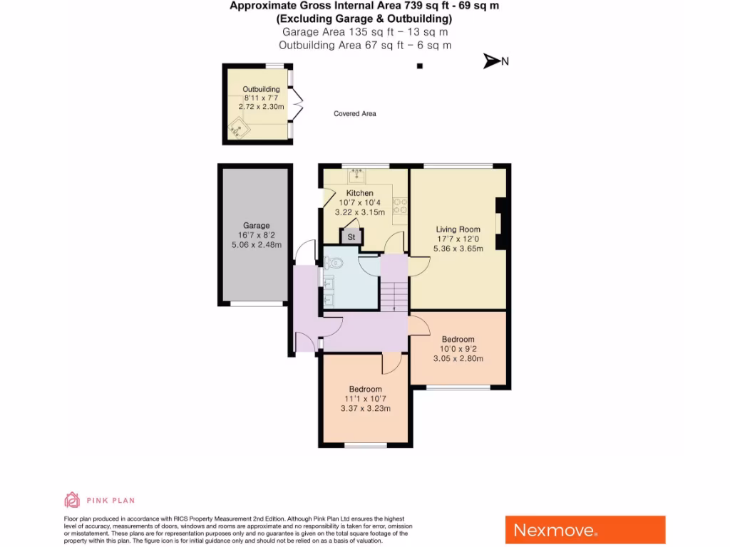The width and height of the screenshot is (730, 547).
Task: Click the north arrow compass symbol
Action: (492, 61)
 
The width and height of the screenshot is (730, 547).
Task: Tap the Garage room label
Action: (256, 226)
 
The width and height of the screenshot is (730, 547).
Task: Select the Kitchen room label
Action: (359, 193)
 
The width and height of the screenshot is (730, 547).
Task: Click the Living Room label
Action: (458, 229)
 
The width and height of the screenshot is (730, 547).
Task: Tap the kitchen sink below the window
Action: (356, 174)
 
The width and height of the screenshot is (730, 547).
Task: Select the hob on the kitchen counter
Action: (400, 205)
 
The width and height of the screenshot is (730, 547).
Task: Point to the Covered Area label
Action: (354, 114)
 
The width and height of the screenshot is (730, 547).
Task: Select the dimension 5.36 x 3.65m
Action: (458, 249)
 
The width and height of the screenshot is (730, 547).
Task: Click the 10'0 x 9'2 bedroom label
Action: (458, 349)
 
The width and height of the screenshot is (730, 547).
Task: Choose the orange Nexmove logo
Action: (585, 530)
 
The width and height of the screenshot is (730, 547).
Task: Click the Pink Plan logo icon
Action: (72, 500)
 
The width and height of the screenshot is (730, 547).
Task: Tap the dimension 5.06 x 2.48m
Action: (256, 244)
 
